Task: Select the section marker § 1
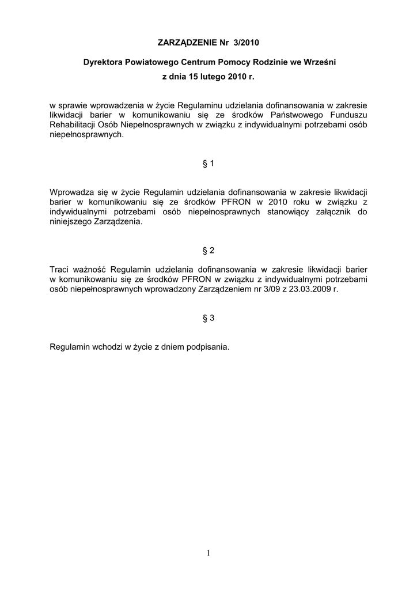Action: [208, 164]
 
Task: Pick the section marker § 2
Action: [208, 251]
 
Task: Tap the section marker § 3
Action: [208, 317]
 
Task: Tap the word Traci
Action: [60, 269]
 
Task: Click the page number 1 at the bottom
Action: [208, 554]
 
